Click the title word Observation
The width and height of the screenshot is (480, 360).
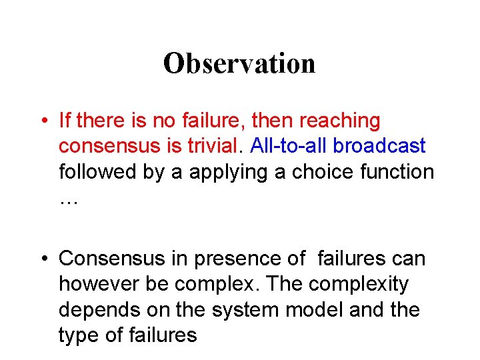coord(239,63)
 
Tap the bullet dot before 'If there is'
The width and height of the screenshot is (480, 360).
coord(42,122)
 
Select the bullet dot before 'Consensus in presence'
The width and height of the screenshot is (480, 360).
coord(42,259)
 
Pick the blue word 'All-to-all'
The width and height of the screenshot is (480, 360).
coord(289,146)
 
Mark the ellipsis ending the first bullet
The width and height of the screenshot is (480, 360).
coord(69,200)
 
